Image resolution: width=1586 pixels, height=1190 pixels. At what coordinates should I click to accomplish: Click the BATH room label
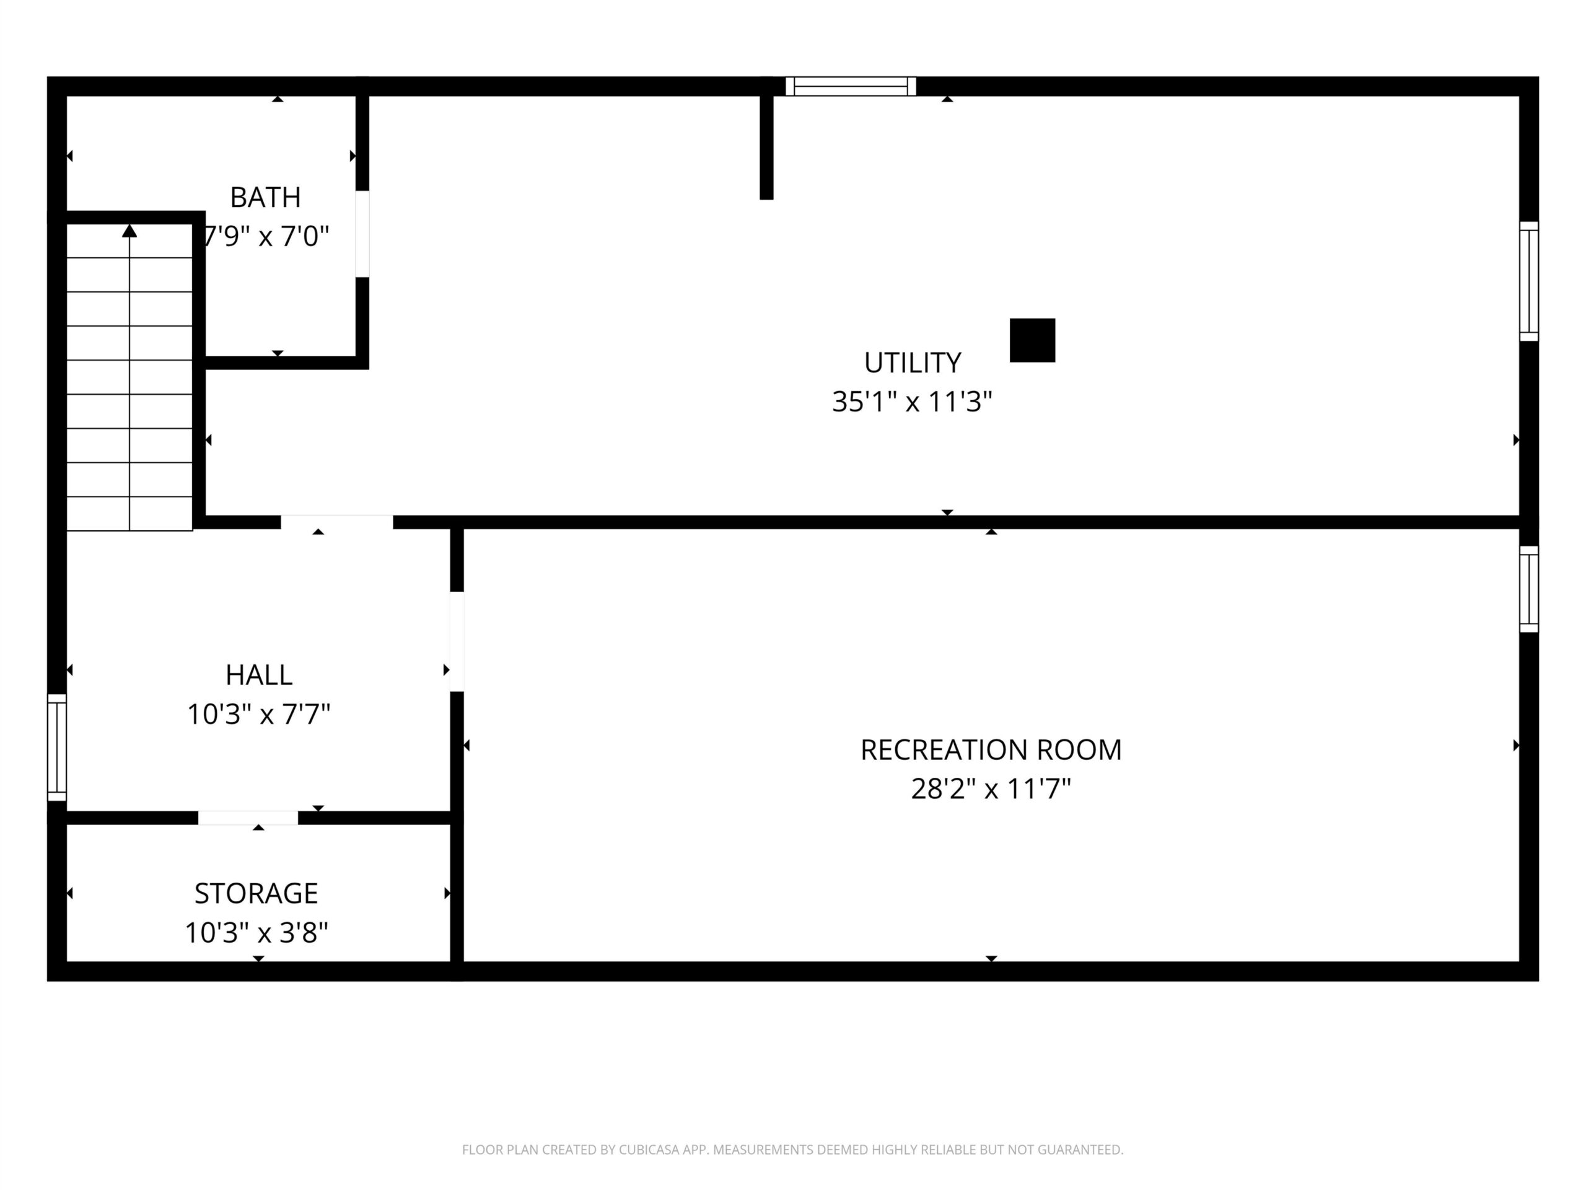(265, 197)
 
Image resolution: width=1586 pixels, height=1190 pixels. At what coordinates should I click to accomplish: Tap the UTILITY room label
(912, 363)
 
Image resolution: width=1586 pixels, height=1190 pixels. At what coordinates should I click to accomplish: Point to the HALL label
(259, 675)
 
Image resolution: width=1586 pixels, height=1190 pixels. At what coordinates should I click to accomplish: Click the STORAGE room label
(256, 894)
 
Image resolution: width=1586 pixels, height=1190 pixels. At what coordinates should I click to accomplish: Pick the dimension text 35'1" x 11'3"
(912, 402)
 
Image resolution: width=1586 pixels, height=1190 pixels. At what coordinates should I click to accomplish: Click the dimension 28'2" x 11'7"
(991, 789)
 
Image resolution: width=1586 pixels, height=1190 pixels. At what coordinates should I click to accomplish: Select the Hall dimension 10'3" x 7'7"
(259, 715)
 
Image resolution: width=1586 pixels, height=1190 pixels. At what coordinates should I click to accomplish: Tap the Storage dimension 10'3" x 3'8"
(256, 933)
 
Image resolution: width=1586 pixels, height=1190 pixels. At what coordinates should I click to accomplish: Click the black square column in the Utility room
(1033, 340)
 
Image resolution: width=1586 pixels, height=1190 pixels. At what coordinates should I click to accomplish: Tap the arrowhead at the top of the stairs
(129, 231)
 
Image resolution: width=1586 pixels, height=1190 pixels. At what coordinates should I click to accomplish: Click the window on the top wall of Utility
(851, 86)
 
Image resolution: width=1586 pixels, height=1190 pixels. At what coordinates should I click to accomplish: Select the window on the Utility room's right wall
(1530, 281)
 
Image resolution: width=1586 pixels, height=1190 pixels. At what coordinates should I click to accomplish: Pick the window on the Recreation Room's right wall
(1530, 589)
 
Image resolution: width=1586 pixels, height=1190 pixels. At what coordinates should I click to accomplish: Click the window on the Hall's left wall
(56, 747)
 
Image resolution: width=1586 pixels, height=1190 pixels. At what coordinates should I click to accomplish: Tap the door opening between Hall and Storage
(248, 818)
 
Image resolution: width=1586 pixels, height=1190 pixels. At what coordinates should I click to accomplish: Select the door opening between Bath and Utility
(363, 234)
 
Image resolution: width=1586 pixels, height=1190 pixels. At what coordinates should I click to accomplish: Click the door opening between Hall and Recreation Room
(457, 641)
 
